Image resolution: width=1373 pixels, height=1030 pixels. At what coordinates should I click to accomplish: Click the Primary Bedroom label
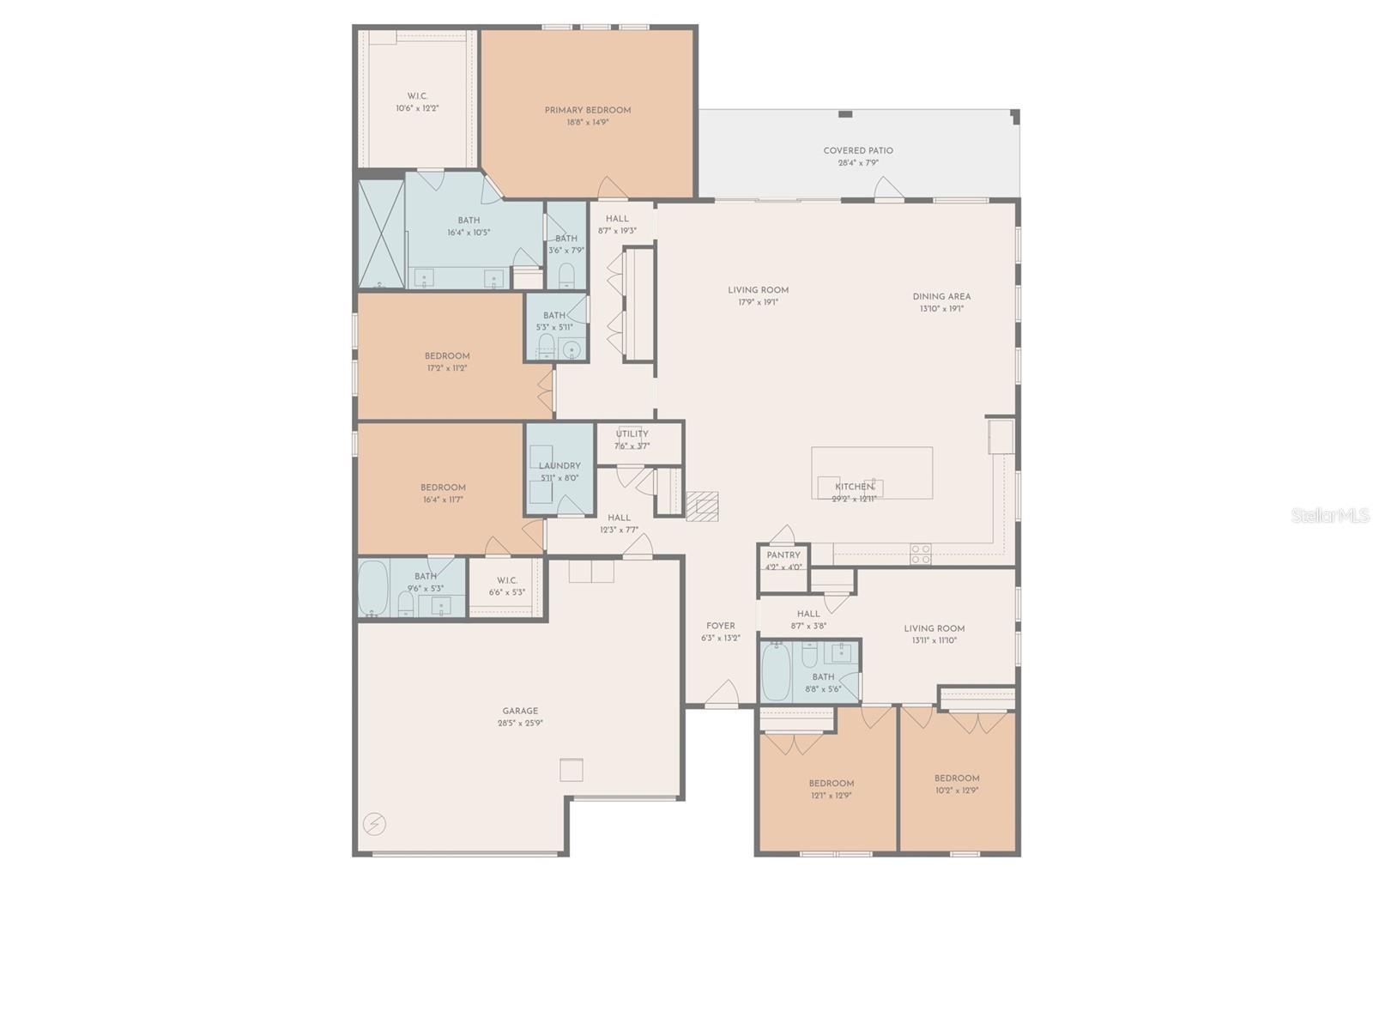click(588, 110)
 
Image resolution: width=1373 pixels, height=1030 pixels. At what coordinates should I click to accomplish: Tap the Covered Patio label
click(858, 150)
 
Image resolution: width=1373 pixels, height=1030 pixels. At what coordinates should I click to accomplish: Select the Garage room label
click(520, 711)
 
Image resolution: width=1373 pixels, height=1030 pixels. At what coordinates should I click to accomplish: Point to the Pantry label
click(783, 555)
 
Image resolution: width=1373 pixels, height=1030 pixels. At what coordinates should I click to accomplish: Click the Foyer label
click(721, 626)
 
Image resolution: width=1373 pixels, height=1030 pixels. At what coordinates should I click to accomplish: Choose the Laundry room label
click(559, 466)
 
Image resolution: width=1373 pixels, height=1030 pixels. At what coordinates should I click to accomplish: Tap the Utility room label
click(632, 434)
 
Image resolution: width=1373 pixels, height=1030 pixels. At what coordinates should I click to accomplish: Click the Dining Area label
click(941, 296)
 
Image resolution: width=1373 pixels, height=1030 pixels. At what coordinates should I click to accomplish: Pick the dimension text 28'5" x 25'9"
click(520, 723)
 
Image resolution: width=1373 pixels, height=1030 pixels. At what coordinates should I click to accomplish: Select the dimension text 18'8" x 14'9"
click(588, 122)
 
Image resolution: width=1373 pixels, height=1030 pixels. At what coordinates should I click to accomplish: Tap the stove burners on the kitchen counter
click(921, 554)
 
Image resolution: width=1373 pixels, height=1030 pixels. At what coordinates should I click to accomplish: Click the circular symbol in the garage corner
click(374, 825)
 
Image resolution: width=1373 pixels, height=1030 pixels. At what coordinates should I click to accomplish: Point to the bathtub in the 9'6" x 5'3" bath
click(373, 588)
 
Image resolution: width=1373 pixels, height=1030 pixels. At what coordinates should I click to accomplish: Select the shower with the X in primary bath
click(381, 233)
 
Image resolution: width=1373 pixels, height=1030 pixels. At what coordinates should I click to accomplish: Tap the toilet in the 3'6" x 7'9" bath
click(566, 276)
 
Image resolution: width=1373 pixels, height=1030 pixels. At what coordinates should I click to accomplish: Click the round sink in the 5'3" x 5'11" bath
click(572, 350)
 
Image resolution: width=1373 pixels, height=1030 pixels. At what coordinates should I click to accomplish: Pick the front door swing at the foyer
click(723, 694)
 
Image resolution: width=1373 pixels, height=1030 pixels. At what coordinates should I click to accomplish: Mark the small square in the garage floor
click(572, 770)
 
